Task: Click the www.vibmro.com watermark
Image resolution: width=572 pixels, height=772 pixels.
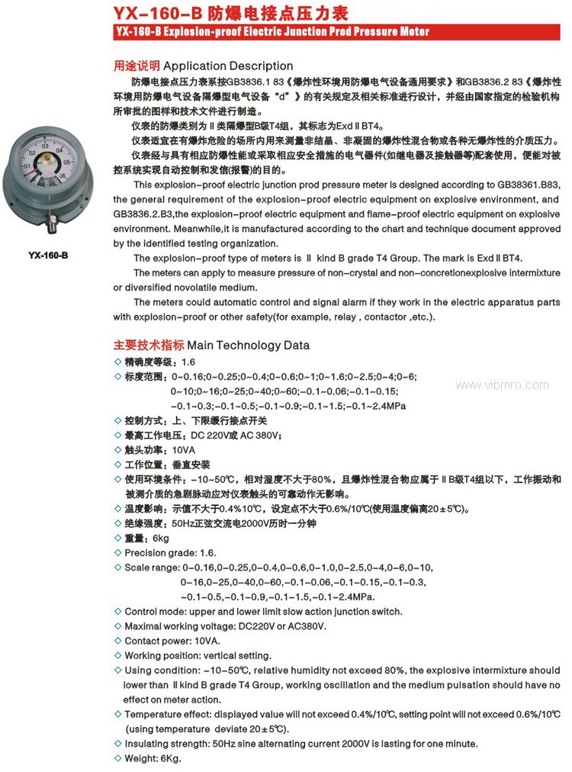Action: point(502,385)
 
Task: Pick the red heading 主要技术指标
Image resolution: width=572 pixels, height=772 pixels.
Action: point(148,345)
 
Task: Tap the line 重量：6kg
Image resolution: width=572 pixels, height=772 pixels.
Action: point(146,539)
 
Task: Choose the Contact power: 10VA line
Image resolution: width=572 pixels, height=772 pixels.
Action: point(172,641)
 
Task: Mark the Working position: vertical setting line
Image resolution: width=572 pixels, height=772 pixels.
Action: point(198,655)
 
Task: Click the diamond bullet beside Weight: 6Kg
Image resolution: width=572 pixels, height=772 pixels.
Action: point(117,758)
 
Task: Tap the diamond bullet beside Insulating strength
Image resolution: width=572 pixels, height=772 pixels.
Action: point(117,743)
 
